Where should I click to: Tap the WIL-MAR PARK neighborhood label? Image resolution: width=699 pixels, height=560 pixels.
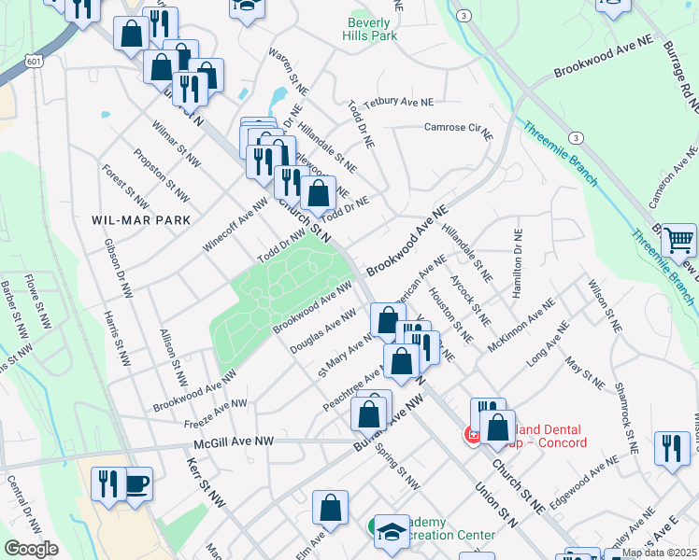(x=141, y=220)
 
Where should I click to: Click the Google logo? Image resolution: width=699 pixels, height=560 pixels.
(x=31, y=549)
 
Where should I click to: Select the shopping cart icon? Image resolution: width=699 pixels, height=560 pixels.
(x=678, y=242)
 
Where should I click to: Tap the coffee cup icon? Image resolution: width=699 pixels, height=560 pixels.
(x=136, y=483)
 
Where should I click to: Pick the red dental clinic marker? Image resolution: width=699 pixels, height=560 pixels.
(x=473, y=435)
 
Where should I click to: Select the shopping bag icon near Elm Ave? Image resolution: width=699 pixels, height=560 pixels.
(x=331, y=509)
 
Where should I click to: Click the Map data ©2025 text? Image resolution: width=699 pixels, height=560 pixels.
(x=659, y=553)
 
